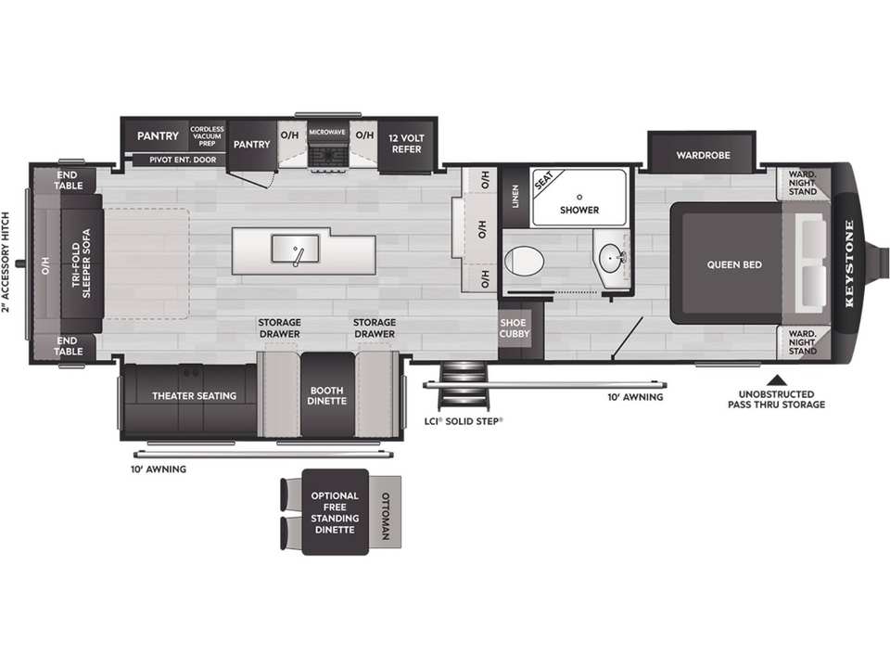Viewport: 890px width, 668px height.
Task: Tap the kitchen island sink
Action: (x=295, y=249)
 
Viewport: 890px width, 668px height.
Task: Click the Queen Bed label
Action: (x=734, y=264)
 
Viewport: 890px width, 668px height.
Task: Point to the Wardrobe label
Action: (x=703, y=155)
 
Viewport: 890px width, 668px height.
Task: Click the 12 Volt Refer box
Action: (x=406, y=145)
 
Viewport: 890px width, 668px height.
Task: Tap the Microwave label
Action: (x=327, y=132)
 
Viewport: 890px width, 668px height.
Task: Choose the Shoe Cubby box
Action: (x=514, y=328)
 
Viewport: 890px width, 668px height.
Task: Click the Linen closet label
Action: (x=515, y=196)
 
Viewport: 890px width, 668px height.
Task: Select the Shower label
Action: (x=578, y=211)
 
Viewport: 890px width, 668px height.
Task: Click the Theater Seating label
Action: (x=194, y=396)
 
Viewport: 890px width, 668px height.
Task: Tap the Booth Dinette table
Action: (x=327, y=395)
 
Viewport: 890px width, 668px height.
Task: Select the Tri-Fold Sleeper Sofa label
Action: (x=82, y=263)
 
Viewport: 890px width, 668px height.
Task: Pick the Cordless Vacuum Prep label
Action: (x=207, y=136)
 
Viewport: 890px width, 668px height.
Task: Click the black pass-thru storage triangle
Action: (x=777, y=380)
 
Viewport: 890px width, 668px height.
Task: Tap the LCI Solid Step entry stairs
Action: (x=464, y=385)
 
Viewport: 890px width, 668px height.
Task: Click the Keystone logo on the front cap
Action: (x=850, y=263)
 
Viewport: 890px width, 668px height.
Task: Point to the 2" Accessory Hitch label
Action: (x=6, y=263)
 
